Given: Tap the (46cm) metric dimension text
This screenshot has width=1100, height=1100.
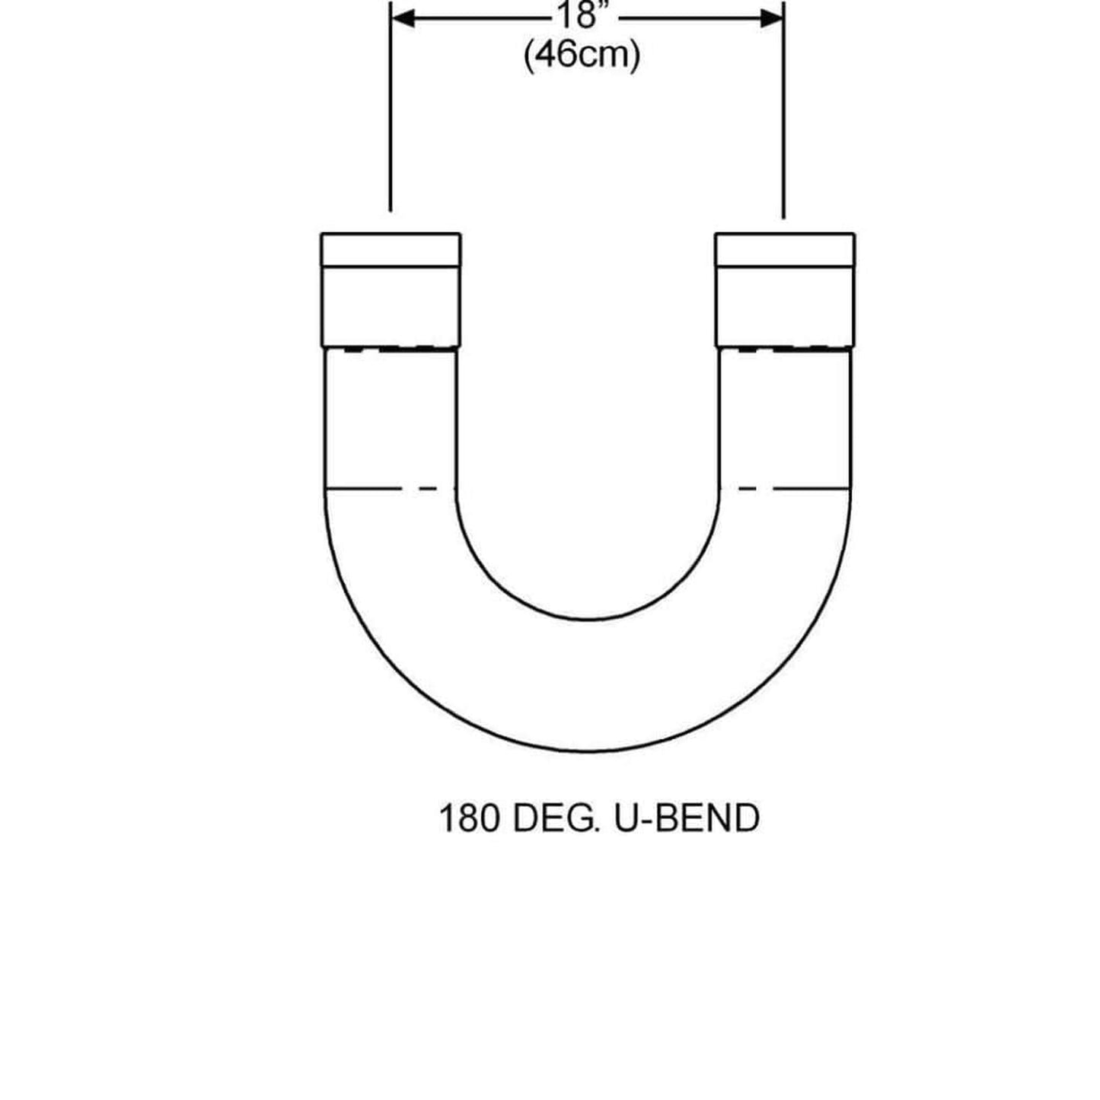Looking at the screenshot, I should click(x=582, y=56).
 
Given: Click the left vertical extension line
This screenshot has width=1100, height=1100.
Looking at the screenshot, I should click(x=391, y=114).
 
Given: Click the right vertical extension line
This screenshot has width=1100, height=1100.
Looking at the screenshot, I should click(x=783, y=114).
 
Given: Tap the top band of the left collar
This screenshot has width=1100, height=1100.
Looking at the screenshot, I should click(x=391, y=250).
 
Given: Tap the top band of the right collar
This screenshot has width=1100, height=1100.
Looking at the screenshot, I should click(x=785, y=250).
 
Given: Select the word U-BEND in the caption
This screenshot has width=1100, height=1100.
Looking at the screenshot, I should click(x=685, y=819).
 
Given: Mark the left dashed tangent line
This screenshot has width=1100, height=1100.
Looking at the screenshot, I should click(x=381, y=488).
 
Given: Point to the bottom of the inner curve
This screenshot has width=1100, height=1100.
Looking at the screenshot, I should click(x=588, y=619).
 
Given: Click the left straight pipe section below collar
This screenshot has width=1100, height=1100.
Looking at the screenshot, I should click(x=391, y=419).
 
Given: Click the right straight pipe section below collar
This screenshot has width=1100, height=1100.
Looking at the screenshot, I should click(x=785, y=419).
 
